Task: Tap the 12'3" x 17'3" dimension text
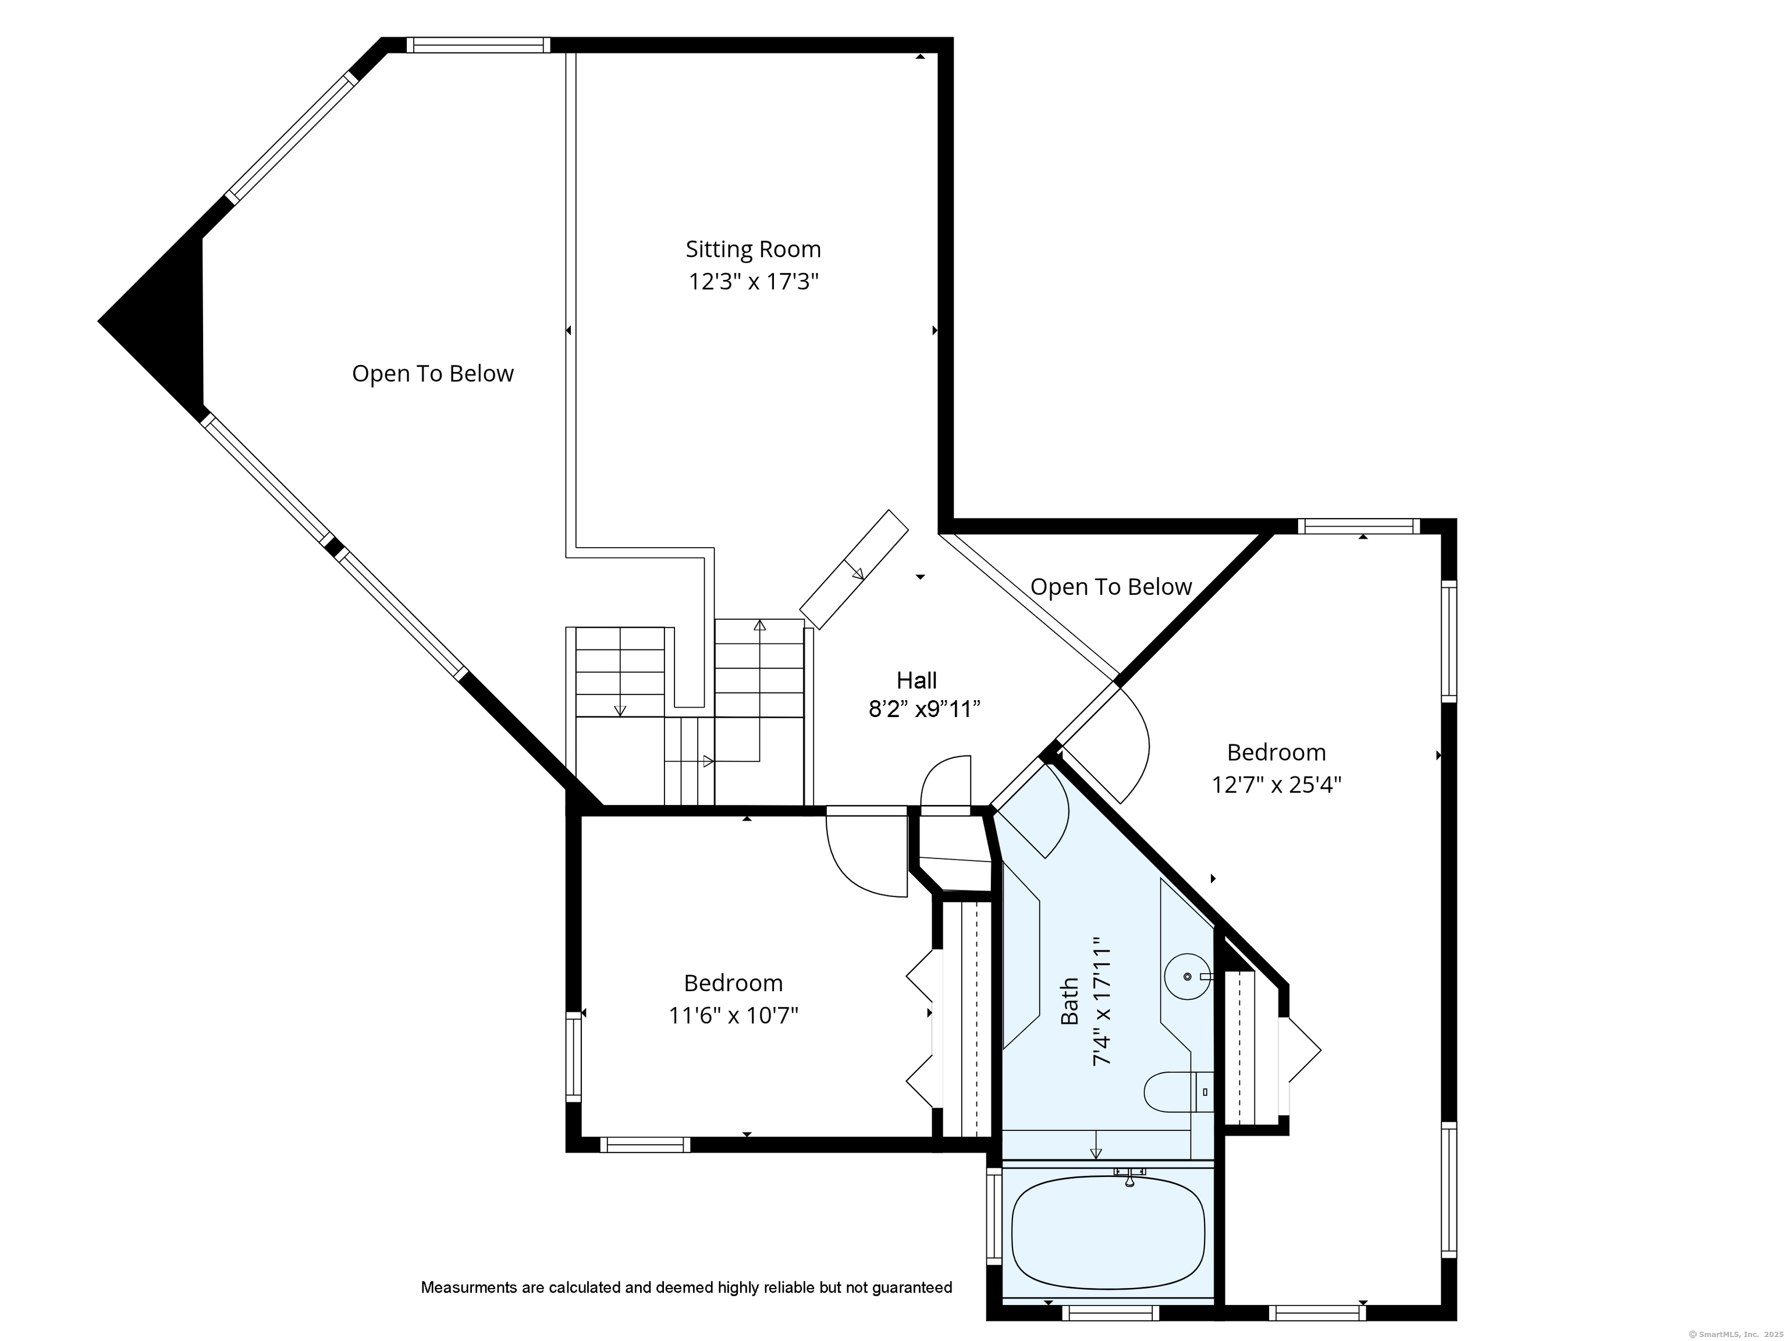pos(753,282)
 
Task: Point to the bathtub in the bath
pos(1109,1233)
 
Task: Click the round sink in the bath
pos(1188,977)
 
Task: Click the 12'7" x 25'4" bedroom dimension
pos(1277,785)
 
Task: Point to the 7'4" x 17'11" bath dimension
pos(1103,1002)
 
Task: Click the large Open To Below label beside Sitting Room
pos(433,373)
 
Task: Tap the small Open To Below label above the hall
pos(1111,587)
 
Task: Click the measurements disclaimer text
pos(687,1287)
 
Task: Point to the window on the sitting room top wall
pos(478,45)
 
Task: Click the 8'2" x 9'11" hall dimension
pos(924,709)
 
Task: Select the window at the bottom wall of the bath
pos(1110,1312)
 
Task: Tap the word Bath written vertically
pos(1070,1002)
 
